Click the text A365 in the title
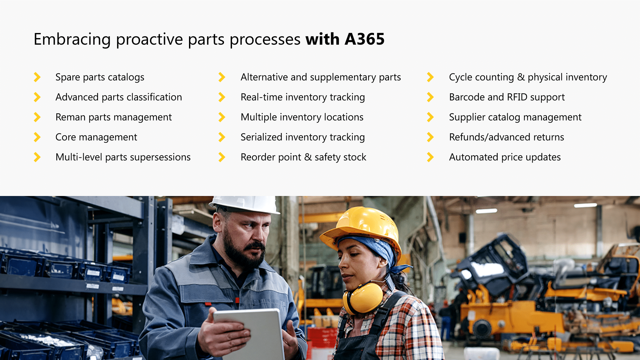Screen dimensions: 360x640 pos(365,39)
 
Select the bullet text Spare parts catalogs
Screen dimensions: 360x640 pos(100,77)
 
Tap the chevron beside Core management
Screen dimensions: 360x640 pos(37,137)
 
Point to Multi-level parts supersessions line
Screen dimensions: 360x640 pos(123,157)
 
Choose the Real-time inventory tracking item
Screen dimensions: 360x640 pos(302,97)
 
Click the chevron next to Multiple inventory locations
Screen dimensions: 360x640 pos(222,117)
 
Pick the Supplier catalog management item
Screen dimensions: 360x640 pos(515,117)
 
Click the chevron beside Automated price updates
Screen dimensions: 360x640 pos(430,157)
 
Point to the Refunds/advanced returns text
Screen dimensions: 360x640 pos(506,137)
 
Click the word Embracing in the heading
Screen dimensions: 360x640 pos(72,39)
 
